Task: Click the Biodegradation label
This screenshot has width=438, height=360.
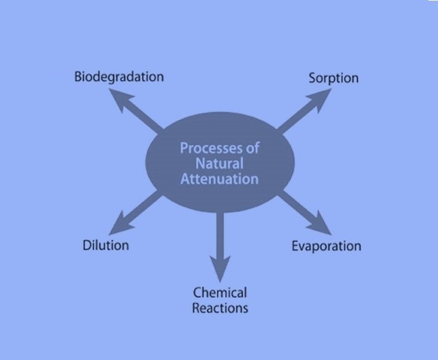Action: pos(119,77)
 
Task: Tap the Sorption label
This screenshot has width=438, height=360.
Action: pos(333,78)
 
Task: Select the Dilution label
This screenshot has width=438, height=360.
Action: pos(106,246)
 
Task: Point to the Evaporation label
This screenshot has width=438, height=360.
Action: pos(326,246)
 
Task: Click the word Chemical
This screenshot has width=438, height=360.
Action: pos(220,293)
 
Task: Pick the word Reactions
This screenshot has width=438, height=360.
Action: pos(220,309)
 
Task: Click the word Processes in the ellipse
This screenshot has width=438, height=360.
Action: pos(211,148)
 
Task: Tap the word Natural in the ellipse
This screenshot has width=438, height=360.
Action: pos(220,164)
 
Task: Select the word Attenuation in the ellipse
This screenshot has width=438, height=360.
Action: pos(220,179)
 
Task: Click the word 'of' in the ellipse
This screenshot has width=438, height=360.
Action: pos(253,148)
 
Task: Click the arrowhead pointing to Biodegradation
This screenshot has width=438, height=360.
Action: pos(119,98)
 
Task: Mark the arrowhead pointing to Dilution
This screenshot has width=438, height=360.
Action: pos(119,225)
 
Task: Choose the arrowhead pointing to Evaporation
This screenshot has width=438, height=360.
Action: pos(321,225)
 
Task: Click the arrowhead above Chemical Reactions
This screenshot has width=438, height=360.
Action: pos(220,267)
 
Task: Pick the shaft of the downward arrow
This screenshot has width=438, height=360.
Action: pos(220,234)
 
